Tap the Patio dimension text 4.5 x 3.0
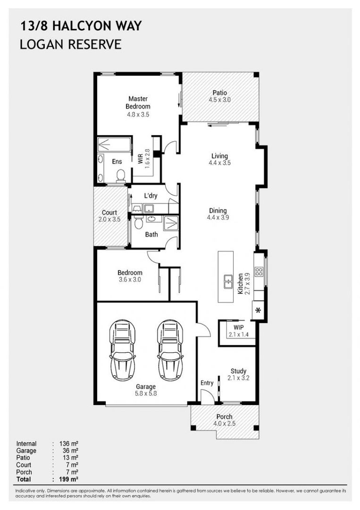coord(219,100)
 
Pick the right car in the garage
coord(170,350)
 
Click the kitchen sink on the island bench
coord(228,281)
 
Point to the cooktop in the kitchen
coord(259,272)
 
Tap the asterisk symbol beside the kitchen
coord(258,310)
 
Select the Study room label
coord(238,371)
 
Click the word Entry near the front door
coord(207,383)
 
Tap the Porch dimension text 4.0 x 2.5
coord(224,424)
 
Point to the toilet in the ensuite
coord(121,175)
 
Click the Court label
coord(109,212)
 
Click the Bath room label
coord(151,234)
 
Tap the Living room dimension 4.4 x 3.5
coord(219,163)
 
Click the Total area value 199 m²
coord(68,479)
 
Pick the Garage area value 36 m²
coord(68,450)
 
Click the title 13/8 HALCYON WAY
coord(81,26)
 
